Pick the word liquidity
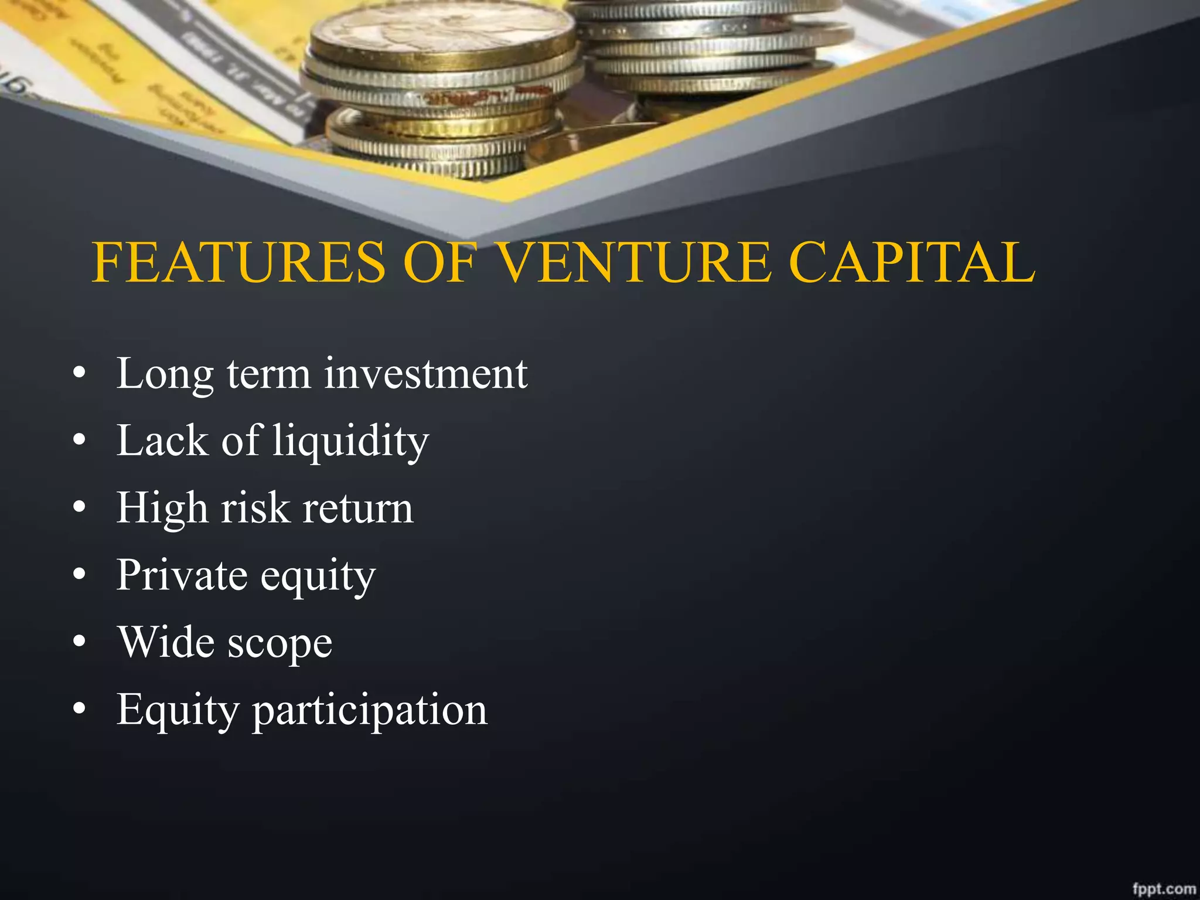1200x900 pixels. coord(351,441)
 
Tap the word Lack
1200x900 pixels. coord(162,441)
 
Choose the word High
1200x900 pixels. coord(162,509)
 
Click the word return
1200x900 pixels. coord(358,509)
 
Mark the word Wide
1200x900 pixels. coord(166,642)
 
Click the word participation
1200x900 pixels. coord(370,710)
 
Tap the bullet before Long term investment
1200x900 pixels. coord(80,374)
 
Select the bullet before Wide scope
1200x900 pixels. coord(80,642)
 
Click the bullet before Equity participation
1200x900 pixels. coord(80,709)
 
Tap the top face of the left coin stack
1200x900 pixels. coord(442,32)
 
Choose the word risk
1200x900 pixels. coord(255,509)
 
